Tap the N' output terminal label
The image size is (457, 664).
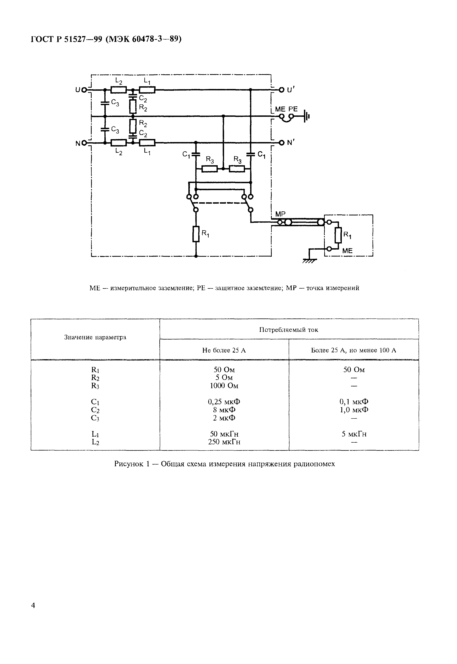click(291, 143)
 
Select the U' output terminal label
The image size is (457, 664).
click(291, 90)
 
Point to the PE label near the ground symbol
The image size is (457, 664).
click(293, 109)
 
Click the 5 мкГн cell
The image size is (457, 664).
click(354, 434)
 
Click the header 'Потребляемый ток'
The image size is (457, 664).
click(289, 330)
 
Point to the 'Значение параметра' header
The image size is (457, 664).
click(95, 337)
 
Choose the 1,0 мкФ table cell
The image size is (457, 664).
click(354, 410)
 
